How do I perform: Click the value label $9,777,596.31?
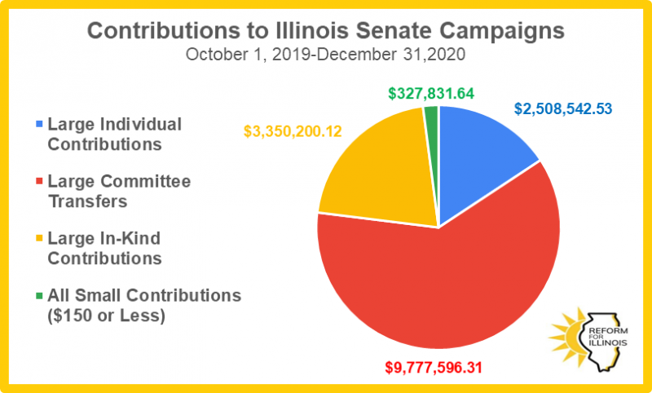tap(434, 366)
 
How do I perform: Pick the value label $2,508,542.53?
tap(563, 108)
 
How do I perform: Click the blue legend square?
tap(37, 126)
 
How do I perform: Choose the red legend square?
tap(37, 182)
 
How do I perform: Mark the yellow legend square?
tap(37, 239)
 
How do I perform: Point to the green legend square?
tap(37, 295)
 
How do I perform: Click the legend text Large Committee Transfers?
tap(119, 191)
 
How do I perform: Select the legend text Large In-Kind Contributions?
tap(104, 248)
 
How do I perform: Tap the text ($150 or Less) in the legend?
tap(106, 314)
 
